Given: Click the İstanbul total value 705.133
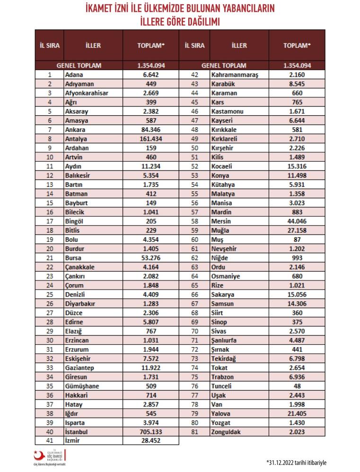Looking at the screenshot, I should (x=151, y=432).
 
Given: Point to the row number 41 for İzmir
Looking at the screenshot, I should (x=49, y=440).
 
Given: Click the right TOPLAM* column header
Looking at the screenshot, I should (x=297, y=46).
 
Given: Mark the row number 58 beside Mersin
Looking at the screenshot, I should (x=194, y=221).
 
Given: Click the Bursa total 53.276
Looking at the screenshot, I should (x=151, y=258).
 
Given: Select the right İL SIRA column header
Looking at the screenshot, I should (x=194, y=46).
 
